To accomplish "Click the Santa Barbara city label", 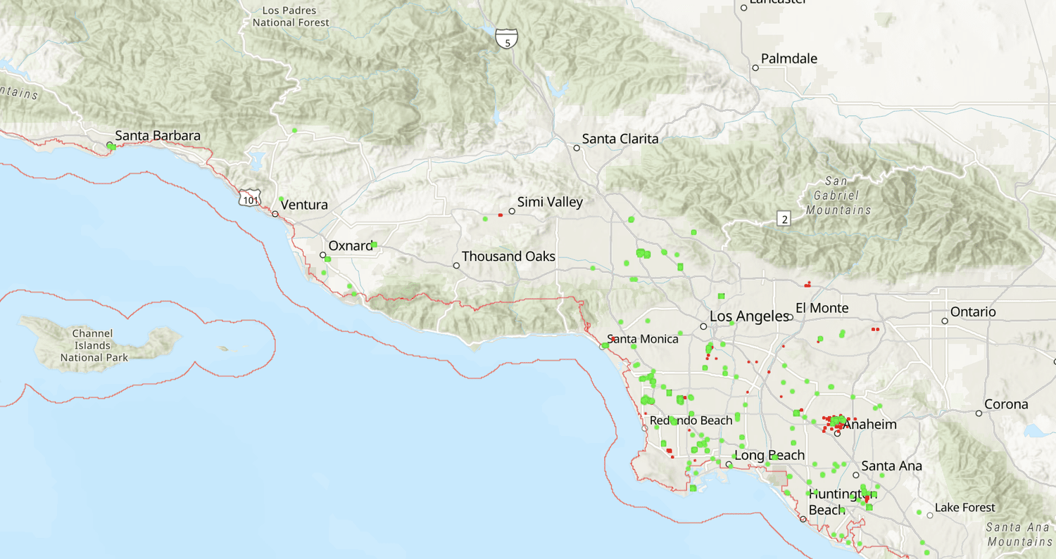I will click(158, 136).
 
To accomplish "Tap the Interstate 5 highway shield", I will click(505, 39).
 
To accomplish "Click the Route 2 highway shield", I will click(784, 219).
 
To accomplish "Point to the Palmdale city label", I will click(789, 58).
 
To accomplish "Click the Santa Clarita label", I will click(620, 139).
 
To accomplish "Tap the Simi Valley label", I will click(550, 203).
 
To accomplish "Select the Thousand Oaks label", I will click(508, 257).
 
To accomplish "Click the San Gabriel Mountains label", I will click(838, 195).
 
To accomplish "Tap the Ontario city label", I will click(973, 311).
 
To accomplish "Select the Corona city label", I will click(1007, 404).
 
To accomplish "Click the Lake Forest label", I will click(964, 508).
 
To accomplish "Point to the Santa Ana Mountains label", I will click(1019, 534).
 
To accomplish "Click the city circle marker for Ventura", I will click(275, 213).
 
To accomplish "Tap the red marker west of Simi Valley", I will click(500, 215).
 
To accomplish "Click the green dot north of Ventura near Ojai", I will click(294, 130).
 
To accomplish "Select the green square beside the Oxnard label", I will click(375, 245).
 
